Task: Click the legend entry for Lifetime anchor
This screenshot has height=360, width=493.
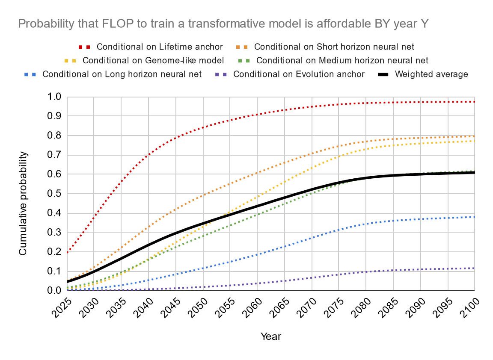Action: tap(160, 47)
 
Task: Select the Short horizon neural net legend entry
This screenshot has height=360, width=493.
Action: tap(334, 47)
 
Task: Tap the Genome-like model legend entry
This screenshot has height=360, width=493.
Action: tap(154, 60)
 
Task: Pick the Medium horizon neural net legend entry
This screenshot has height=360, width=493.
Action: tap(342, 60)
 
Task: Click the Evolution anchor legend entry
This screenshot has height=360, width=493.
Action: tap(299, 74)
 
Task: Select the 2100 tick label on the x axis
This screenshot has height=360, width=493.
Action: tap(469, 307)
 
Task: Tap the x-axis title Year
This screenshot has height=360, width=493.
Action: tap(271, 336)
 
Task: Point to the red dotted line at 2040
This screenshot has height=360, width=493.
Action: tap(148, 155)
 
